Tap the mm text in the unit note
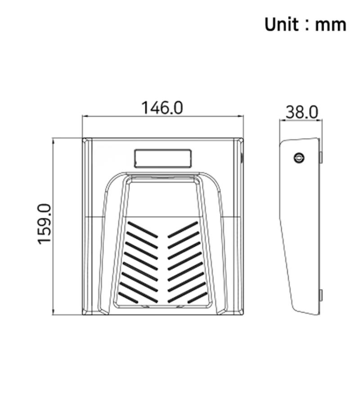(330, 25)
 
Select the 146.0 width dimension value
(162, 108)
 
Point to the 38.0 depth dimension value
(301, 112)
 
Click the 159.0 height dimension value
(45, 224)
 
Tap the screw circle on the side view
(299, 158)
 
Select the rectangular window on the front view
(163, 158)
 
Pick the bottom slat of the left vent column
(128, 298)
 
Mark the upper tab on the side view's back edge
(321, 157)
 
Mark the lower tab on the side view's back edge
(321, 295)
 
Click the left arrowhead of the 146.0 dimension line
(84, 117)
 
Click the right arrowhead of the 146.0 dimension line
(242, 117)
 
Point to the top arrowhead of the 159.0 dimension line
(54, 140)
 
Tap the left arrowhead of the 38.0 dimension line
(281, 120)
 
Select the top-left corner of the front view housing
(83, 139)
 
